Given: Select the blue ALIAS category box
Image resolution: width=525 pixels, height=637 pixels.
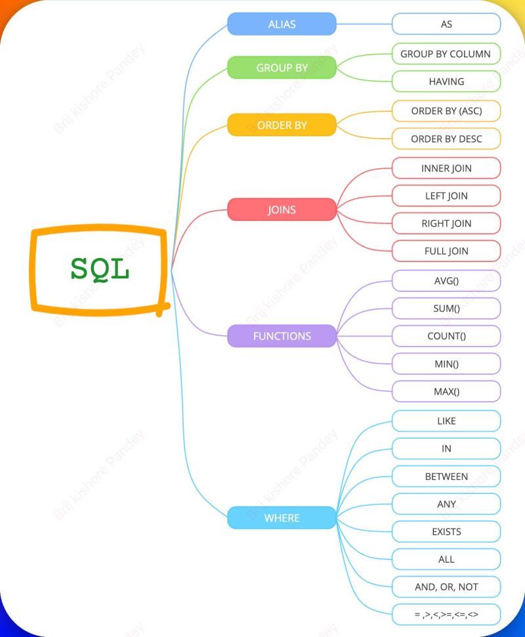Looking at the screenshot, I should pos(282,24).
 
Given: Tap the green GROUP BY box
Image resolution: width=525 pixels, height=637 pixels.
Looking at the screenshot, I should pos(282,68).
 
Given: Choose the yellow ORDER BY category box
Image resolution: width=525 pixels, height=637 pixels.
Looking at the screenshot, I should pos(282,125).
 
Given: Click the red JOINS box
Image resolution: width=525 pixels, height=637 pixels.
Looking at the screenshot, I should pos(282,210).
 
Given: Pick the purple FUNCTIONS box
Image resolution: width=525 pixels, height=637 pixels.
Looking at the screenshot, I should pos(282,336).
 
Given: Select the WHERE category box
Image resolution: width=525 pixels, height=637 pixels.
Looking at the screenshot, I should pos(282,518).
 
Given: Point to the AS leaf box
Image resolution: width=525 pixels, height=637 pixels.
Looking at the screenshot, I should pos(446,24).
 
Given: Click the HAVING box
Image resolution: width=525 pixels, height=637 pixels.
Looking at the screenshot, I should pos(446,81).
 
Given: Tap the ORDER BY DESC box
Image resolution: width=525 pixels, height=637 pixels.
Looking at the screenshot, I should pos(446,139).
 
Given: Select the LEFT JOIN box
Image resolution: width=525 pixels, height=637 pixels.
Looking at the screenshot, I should pos(446,196).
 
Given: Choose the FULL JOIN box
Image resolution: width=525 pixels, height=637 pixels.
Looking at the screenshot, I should pos(446,251).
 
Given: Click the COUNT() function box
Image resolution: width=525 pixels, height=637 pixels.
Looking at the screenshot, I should pos(446,336).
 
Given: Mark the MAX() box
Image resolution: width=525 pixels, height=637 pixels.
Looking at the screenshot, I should pos(446,391).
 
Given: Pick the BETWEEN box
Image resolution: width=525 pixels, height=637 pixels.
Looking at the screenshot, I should pos(446,476).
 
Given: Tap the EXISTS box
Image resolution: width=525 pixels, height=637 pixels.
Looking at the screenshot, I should pos(446,532).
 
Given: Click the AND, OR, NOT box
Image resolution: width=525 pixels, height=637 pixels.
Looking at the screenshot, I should pos(446,587).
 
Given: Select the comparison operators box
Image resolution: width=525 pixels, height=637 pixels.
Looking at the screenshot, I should pos(446,615).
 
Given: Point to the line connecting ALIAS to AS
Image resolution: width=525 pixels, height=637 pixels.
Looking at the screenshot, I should pos(364,24).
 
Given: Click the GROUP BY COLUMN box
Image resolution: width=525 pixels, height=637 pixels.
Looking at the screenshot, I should pos(446,54).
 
